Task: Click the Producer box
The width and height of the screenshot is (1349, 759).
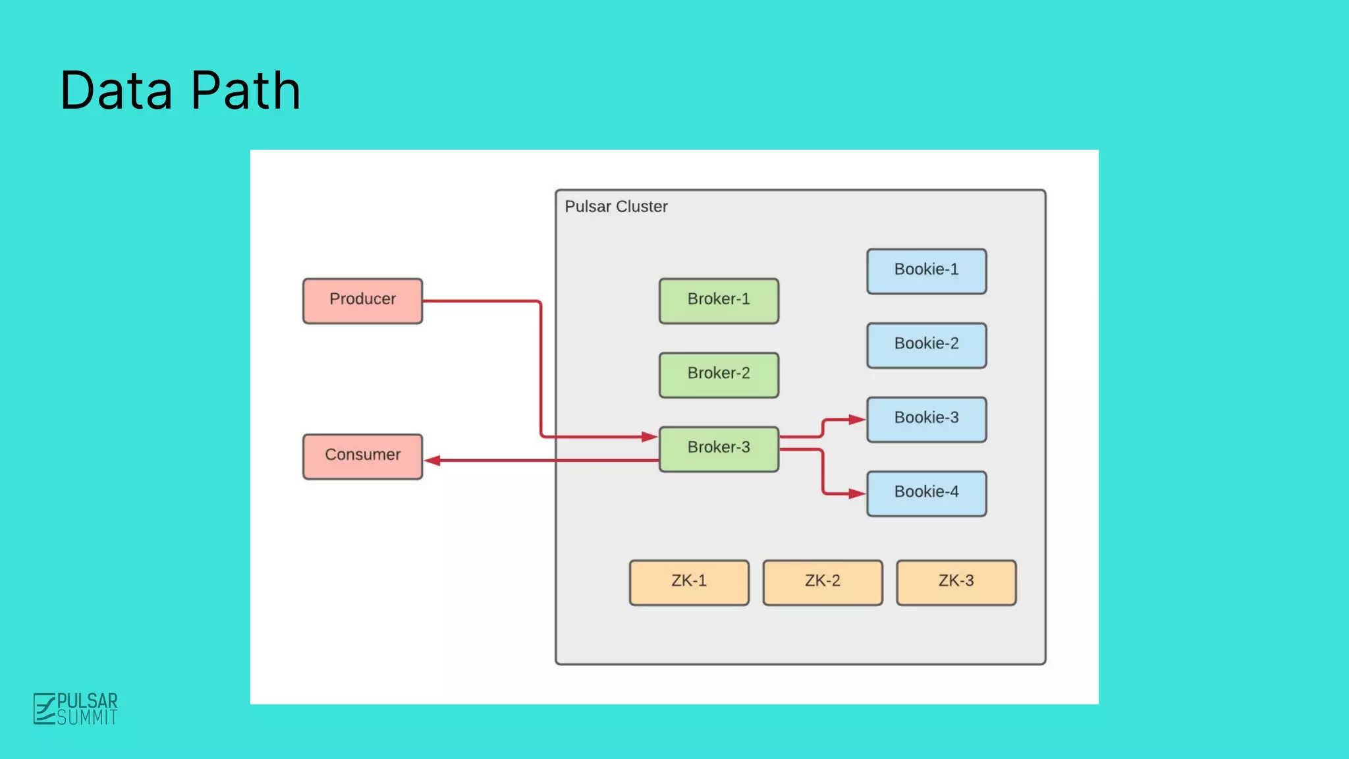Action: tap(362, 300)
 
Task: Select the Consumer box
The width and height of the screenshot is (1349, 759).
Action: tap(362, 456)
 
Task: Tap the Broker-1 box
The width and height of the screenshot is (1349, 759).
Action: tap(719, 300)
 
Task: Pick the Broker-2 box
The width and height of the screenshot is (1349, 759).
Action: tap(719, 374)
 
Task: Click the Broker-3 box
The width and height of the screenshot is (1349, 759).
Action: tap(719, 449)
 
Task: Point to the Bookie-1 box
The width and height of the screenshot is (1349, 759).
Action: tap(926, 271)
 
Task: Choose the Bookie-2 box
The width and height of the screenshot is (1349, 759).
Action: tap(926, 345)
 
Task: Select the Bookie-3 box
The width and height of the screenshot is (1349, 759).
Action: tap(926, 419)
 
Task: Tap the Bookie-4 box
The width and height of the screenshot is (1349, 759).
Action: tap(926, 493)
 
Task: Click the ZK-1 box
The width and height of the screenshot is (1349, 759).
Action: tap(689, 582)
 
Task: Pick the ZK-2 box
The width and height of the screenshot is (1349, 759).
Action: tap(822, 582)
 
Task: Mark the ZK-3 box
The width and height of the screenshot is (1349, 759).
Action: tap(956, 582)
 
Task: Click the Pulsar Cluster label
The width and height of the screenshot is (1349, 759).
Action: tap(616, 207)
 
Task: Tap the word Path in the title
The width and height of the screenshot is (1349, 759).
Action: tap(246, 90)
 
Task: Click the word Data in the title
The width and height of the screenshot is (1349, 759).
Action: tap(117, 90)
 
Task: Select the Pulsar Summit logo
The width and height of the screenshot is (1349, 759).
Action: tap(76, 709)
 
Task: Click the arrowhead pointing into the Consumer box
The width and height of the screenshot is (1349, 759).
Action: tap(432, 461)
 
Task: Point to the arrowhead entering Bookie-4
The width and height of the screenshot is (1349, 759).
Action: tap(857, 493)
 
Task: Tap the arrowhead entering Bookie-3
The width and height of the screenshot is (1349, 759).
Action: tap(857, 419)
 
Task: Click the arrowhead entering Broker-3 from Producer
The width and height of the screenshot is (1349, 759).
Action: tap(649, 436)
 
